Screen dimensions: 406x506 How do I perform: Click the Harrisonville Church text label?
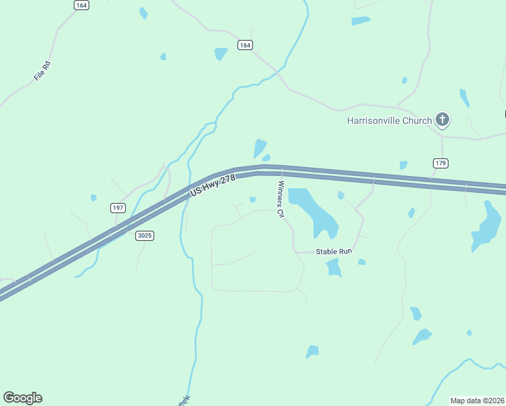click(x=389, y=121)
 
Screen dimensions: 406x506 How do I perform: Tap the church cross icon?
click(x=442, y=120)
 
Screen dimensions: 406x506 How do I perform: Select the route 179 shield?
click(x=441, y=163)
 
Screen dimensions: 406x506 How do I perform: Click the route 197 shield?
click(x=118, y=208)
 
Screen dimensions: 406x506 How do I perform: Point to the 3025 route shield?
click(x=144, y=235)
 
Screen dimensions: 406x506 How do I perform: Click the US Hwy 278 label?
click(x=212, y=185)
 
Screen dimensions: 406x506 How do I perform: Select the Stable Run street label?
click(x=334, y=252)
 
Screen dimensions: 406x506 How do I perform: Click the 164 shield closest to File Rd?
click(x=81, y=5)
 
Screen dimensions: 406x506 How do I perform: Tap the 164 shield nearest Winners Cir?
click(x=245, y=45)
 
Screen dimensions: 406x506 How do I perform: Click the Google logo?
click(x=22, y=397)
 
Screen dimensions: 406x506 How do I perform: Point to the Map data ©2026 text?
click(x=477, y=401)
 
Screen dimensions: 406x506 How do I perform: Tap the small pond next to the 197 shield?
click(x=93, y=198)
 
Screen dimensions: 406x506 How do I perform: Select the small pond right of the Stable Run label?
click(x=362, y=262)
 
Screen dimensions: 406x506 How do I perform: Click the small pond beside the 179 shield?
click(x=404, y=164)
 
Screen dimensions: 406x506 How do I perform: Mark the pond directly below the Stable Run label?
click(x=333, y=268)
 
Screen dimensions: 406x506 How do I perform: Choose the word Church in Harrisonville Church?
click(x=416, y=121)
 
